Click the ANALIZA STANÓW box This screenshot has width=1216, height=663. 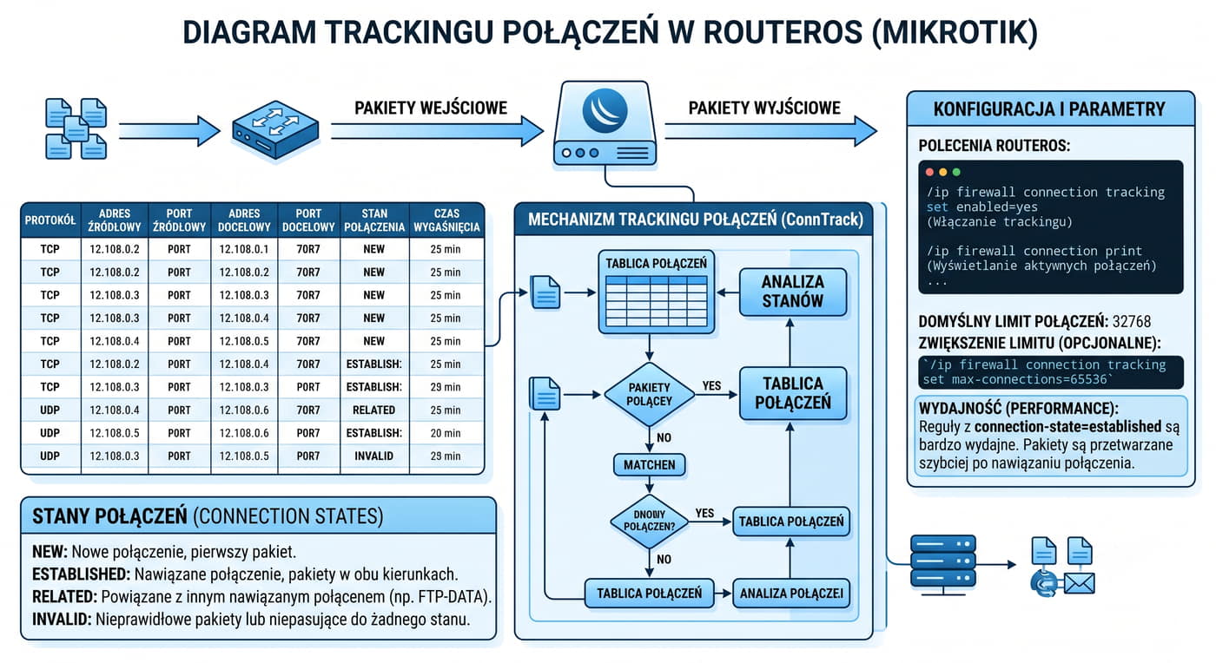pos(792,292)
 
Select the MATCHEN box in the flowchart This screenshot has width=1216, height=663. pos(650,465)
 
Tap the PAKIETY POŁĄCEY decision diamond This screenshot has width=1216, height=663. pos(650,395)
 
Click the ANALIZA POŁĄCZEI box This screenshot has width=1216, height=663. pos(791,594)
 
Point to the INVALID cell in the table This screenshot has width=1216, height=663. pos(374,456)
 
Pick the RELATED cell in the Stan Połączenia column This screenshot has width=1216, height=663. pos(374,410)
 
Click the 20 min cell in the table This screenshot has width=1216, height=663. pos(446,434)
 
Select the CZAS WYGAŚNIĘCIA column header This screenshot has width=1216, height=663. pos(446,220)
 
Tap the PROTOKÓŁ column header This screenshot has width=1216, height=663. pos(50,220)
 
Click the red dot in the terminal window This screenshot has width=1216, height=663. pos(929,172)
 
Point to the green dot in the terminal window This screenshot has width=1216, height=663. pos(956,172)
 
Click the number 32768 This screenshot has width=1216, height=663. pos(1131,322)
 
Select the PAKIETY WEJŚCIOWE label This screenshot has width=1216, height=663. pos(431,108)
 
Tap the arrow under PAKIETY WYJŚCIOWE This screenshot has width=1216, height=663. pos(771,131)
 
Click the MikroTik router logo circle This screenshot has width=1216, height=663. pos(605,110)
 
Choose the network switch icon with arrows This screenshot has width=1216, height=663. pos(275,129)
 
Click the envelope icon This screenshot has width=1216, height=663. pos(1079,584)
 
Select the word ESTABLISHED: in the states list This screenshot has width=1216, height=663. pos(81,574)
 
